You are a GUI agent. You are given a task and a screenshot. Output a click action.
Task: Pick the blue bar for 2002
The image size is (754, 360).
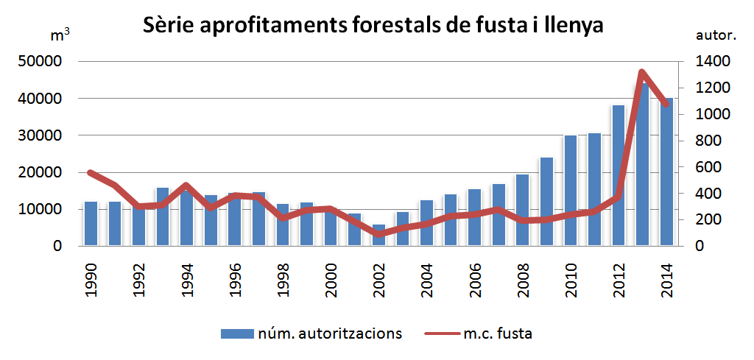click(x=378, y=236)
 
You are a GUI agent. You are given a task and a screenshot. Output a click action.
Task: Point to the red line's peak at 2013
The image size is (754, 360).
click(x=641, y=72)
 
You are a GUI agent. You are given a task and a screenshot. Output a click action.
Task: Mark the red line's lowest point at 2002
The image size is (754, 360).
click(x=378, y=234)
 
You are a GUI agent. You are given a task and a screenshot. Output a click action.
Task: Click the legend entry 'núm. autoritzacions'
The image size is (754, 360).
click(x=311, y=333)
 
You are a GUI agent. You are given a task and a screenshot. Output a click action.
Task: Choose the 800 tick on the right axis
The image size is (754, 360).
click(x=708, y=141)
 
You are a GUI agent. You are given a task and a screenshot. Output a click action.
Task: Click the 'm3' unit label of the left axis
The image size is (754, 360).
click(x=60, y=35)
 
